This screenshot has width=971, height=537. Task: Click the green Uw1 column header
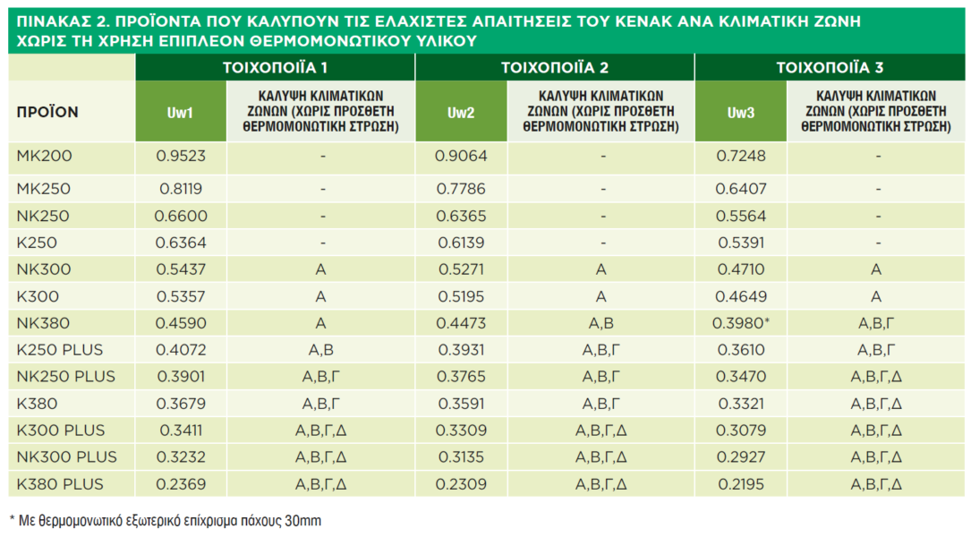pyautogui.click(x=180, y=113)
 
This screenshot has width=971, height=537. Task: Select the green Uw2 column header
pyautogui.click(x=460, y=113)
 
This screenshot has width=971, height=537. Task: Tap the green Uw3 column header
pyautogui.click(x=740, y=113)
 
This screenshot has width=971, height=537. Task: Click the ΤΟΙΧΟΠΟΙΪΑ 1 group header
pyautogui.click(x=275, y=67)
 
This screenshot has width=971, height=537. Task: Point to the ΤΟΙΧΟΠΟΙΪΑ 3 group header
pyautogui.click(x=830, y=67)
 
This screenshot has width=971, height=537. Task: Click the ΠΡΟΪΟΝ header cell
pyautogui.click(x=47, y=113)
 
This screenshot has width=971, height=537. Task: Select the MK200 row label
pyautogui.click(x=45, y=156)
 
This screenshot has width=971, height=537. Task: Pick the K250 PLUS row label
pyautogui.click(x=60, y=349)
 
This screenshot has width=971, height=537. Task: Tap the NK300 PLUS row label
pyautogui.click(x=67, y=456)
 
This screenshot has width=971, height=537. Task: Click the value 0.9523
pyautogui.click(x=181, y=156)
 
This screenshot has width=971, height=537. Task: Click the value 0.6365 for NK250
pyautogui.click(x=461, y=216)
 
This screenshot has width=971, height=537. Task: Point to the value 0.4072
pyautogui.click(x=181, y=349)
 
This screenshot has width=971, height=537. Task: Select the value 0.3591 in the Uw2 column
pyautogui.click(x=461, y=403)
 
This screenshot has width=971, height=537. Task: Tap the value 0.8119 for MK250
pyautogui.click(x=181, y=189)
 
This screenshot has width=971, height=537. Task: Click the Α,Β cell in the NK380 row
pyautogui.click(x=600, y=322)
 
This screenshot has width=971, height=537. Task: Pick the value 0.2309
pyautogui.click(x=461, y=484)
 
